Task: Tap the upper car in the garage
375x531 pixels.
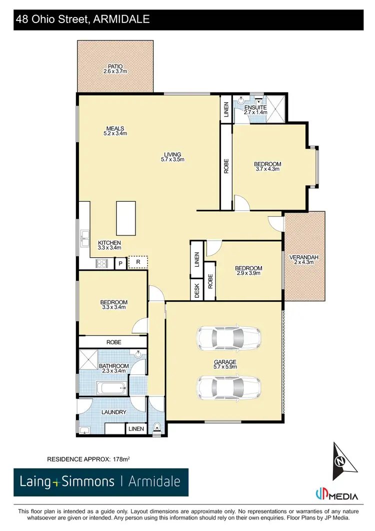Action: [x=228, y=339]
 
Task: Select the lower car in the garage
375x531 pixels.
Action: [x=228, y=386]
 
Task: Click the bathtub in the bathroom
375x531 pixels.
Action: [x=111, y=388]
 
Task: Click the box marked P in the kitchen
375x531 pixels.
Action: [x=120, y=263]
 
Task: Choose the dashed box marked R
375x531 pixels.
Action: [x=138, y=262]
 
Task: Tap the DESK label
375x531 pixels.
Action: [x=197, y=291]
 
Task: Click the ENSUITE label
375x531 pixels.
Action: [x=255, y=108]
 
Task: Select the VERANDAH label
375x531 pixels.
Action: [x=304, y=258]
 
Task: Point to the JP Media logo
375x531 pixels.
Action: [x=336, y=495]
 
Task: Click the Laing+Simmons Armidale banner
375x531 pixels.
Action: [x=101, y=482]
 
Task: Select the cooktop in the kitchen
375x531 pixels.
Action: [x=102, y=263]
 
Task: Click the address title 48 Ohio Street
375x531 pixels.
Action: [x=82, y=20]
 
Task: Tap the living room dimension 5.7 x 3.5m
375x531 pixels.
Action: [x=172, y=160]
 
